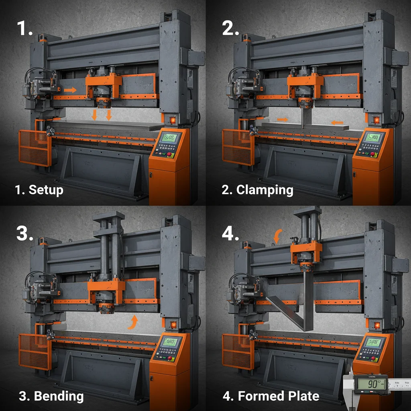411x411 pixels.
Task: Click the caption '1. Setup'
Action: click(39, 189)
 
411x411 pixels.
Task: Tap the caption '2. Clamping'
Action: click(257, 189)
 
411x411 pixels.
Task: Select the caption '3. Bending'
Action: click(51, 396)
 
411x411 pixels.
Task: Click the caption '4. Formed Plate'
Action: click(271, 396)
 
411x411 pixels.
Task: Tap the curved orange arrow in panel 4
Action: click(277, 236)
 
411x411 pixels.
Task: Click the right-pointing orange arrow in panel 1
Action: click(71, 90)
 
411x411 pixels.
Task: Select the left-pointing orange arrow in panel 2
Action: click(337, 122)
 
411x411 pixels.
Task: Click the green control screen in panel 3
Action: click(170, 342)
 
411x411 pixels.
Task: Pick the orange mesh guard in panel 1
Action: click(34, 147)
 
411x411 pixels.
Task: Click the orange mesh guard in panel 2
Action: click(238, 147)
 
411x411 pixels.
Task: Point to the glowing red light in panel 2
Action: click(376, 120)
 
